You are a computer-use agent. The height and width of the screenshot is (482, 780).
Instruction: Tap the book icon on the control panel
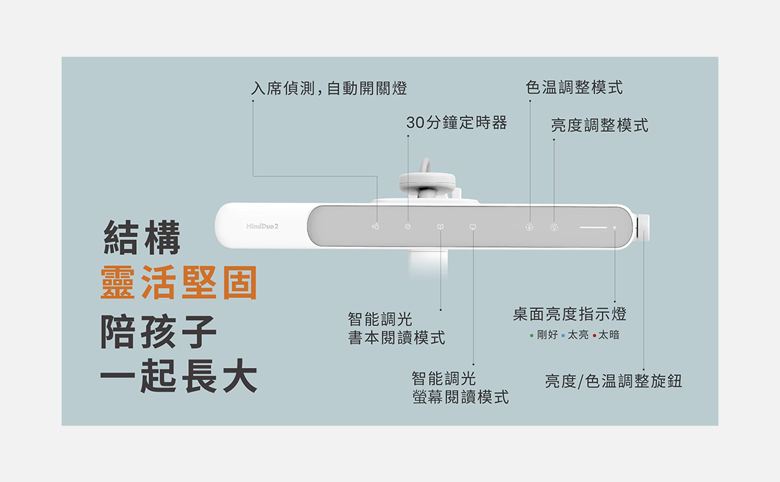(x=441, y=226)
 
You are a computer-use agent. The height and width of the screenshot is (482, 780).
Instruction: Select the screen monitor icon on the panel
(x=472, y=226)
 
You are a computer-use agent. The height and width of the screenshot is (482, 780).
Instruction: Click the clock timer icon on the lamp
(x=408, y=226)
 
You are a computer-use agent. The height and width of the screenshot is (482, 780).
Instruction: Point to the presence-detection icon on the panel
(x=375, y=226)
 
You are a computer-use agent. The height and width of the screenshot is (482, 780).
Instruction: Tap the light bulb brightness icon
(x=554, y=227)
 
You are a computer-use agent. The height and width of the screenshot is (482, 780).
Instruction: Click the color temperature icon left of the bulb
(x=529, y=227)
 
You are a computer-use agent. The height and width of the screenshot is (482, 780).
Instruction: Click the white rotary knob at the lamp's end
(x=644, y=228)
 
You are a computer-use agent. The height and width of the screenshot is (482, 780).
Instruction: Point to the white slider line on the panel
(x=593, y=227)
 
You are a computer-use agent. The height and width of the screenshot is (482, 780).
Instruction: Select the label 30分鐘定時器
(x=456, y=123)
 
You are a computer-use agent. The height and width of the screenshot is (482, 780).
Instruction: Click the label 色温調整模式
(x=574, y=88)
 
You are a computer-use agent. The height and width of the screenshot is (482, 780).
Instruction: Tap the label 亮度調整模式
(x=599, y=126)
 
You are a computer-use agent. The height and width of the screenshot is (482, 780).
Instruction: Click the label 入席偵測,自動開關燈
(x=329, y=88)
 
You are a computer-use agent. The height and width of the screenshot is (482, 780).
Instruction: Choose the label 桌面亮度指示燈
(x=569, y=314)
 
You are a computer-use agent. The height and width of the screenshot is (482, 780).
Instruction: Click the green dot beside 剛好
(x=532, y=336)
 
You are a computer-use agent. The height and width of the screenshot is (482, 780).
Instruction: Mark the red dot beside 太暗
(x=595, y=336)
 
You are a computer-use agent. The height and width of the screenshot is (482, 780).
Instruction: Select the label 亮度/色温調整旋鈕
(x=613, y=381)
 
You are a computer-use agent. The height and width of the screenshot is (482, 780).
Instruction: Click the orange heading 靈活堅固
(x=179, y=283)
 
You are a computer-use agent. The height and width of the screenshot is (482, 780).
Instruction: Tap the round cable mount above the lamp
(x=427, y=180)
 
